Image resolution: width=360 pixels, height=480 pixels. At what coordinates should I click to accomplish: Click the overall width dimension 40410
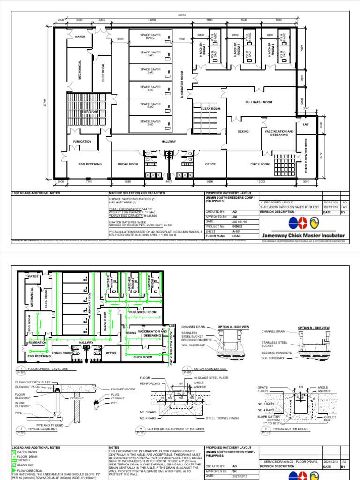[x=181, y=15]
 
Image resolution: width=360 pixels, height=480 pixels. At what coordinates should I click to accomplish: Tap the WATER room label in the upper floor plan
[x=80, y=37]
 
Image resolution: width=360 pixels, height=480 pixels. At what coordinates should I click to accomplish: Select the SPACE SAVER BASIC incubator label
[x=150, y=37]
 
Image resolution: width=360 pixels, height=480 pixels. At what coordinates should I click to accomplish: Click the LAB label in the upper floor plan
[x=306, y=124]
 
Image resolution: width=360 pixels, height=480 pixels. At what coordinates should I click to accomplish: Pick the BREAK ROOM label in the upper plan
[x=127, y=164]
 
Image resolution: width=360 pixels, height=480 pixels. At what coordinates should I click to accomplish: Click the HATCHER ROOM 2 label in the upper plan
[x=238, y=50]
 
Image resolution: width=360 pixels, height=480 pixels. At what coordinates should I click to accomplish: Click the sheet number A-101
[x=237, y=231]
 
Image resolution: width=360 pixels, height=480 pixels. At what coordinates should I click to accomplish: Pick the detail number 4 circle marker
[x=141, y=428]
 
